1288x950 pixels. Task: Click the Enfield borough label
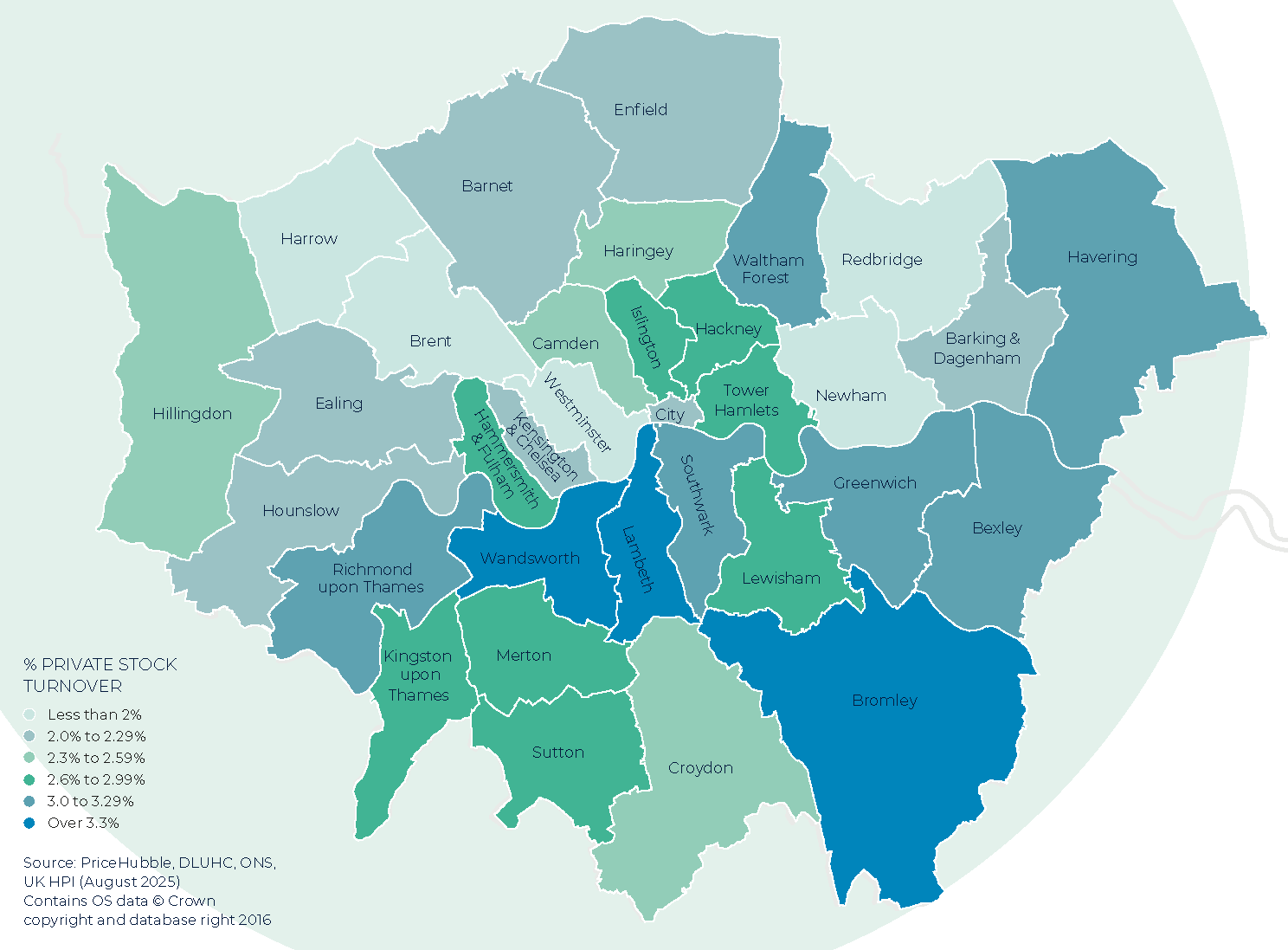tap(641, 110)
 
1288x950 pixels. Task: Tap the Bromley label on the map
tap(884, 701)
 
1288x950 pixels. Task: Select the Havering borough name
tap(1102, 257)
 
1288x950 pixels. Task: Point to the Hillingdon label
tap(192, 414)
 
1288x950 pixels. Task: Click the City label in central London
tap(669, 415)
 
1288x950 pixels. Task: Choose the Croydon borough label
tap(700, 768)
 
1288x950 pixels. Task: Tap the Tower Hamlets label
tap(746, 400)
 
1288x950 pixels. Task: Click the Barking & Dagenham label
tap(978, 348)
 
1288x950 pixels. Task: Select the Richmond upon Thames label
tap(371, 578)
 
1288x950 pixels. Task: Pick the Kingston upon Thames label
tap(418, 675)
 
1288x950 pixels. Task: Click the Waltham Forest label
tap(768, 268)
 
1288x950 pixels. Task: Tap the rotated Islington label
tap(646, 336)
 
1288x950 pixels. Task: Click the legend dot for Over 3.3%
tap(29, 823)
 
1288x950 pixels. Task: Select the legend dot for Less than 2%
tap(29, 714)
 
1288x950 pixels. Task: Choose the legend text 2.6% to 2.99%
tap(96, 779)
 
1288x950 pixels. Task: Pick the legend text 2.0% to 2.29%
tap(96, 736)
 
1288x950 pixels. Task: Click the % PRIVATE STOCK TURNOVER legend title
tap(100, 675)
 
